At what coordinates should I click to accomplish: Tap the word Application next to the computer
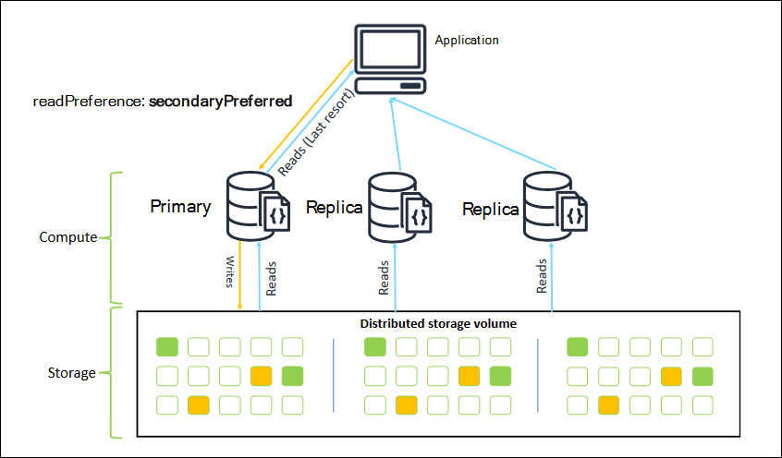tap(467, 41)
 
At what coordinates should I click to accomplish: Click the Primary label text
tap(180, 206)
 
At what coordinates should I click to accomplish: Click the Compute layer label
tap(67, 237)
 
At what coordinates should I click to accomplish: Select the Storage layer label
tap(71, 373)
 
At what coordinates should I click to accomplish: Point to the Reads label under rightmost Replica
tap(541, 275)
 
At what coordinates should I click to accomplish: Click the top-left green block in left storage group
tap(166, 347)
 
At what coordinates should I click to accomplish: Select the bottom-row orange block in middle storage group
tap(407, 404)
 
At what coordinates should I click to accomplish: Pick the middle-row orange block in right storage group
tap(671, 376)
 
